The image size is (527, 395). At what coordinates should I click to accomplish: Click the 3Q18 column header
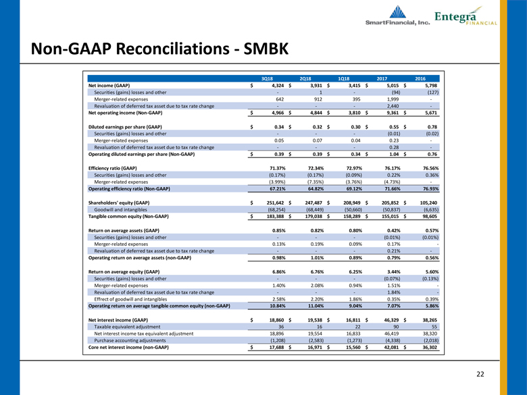coord(266,78)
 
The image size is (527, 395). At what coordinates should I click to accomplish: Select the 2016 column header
coord(420,78)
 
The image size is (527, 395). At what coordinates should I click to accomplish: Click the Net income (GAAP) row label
coord(109,86)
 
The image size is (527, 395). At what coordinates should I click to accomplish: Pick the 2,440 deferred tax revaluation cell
coord(393,106)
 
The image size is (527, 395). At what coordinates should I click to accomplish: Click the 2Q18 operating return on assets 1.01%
coord(318,258)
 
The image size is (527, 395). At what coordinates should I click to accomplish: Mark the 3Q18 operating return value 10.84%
coord(278,306)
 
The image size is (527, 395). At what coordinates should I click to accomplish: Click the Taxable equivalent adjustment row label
coord(127,327)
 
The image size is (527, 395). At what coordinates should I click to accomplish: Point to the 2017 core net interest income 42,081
coord(391,347)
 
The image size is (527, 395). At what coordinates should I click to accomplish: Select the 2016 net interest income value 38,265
coord(430,321)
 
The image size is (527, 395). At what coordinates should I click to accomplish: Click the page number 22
coord(480,374)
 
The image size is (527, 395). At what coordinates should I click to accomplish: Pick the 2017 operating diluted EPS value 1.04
coord(395,155)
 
